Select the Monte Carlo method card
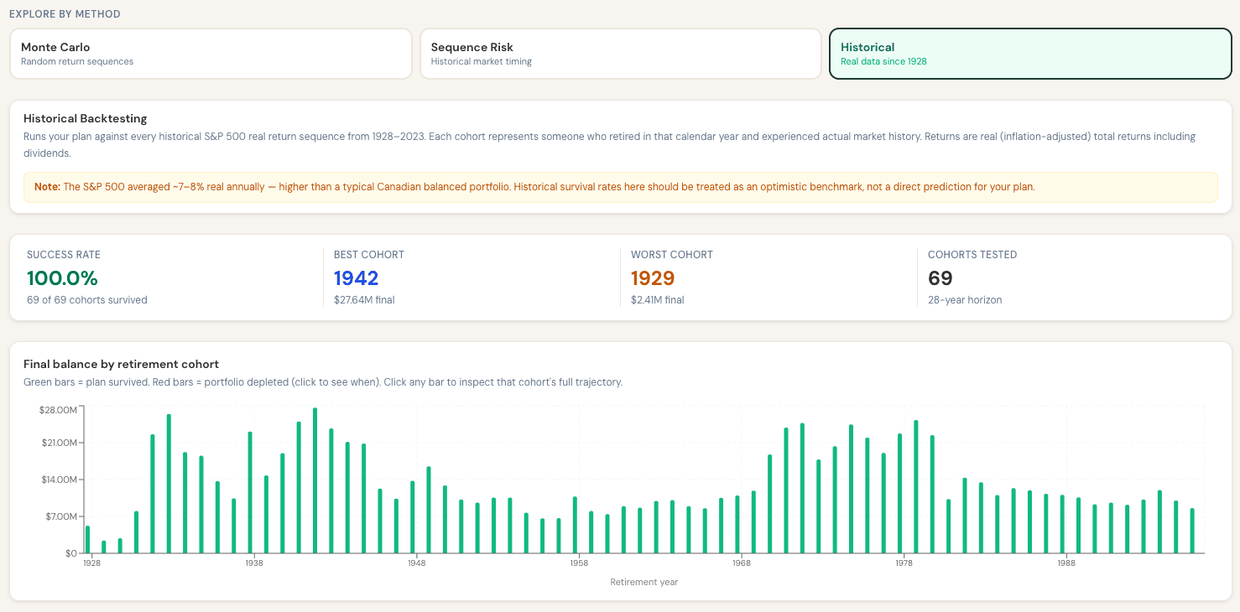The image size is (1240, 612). pos(211,54)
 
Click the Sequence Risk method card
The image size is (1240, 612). pos(621,54)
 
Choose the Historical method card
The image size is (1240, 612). pos(1030,54)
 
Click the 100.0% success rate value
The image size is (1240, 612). pos(62,277)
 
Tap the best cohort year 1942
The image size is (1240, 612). pos(356,277)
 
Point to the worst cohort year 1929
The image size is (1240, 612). pos(653,277)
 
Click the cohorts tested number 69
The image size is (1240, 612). pos(940,277)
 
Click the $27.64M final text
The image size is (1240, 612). pos(364,300)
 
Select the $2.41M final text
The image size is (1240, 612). pos(658,300)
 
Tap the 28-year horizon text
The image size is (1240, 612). pos(965,300)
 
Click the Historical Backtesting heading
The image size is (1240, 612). pos(86,118)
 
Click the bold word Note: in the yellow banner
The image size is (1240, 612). pos(47,187)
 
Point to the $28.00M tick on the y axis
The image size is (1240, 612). pos(58,410)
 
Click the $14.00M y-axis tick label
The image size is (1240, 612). pos(59,480)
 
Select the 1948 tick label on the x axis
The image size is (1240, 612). pos(417,563)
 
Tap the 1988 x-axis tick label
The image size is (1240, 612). pos(1066,563)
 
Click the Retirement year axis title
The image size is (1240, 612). pos(643,582)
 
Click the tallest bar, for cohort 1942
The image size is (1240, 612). pos(315,480)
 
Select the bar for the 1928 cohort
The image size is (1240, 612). pos(87,540)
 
